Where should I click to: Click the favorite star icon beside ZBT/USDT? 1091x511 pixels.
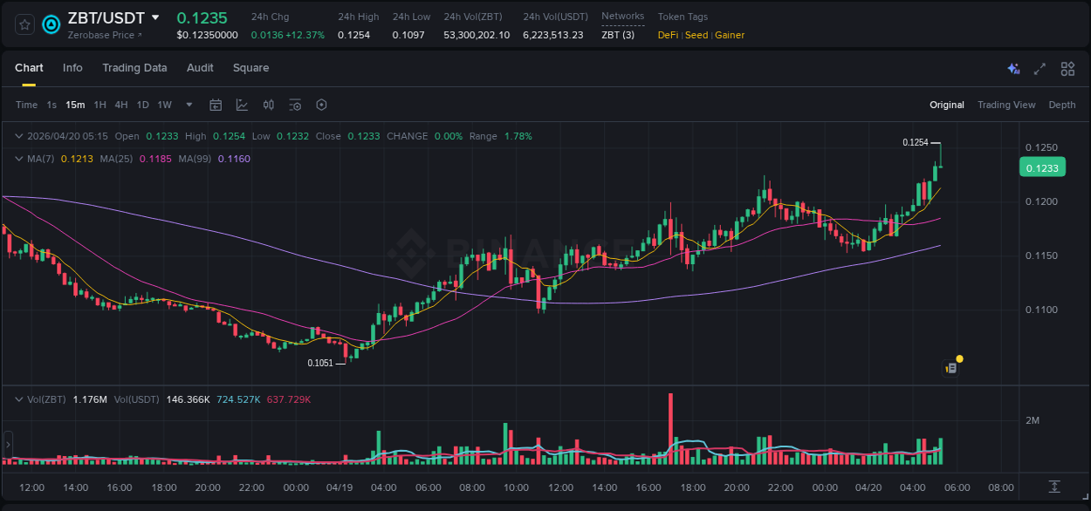pyautogui.click(x=24, y=24)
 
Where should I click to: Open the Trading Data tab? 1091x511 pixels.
pyautogui.click(x=134, y=68)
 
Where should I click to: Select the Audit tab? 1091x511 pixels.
pyautogui.click(x=200, y=68)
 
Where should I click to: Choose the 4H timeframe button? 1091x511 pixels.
pyautogui.click(x=120, y=105)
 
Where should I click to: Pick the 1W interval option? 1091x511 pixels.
pyautogui.click(x=164, y=105)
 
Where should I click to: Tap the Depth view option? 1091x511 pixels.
pyautogui.click(x=1062, y=105)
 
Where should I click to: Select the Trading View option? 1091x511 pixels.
pyautogui.click(x=1006, y=105)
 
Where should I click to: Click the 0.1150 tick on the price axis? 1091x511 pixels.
pyautogui.click(x=1041, y=255)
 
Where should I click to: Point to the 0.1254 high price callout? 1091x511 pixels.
pyautogui.click(x=916, y=142)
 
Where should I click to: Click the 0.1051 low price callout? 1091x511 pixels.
pyautogui.click(x=320, y=363)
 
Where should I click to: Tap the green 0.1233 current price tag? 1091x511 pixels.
pyautogui.click(x=1042, y=168)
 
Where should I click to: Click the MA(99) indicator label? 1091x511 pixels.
pyautogui.click(x=196, y=159)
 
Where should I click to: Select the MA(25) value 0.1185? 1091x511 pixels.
pyautogui.click(x=160, y=159)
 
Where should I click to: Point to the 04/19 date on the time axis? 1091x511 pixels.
pyautogui.click(x=340, y=487)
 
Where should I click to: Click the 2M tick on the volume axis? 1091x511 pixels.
pyautogui.click(x=1033, y=420)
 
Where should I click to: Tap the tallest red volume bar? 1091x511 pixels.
pyautogui.click(x=670, y=429)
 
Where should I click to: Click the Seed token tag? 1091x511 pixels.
pyautogui.click(x=696, y=35)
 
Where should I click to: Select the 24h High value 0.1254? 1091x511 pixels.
pyautogui.click(x=353, y=35)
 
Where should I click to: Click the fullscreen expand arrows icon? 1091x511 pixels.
pyautogui.click(x=1040, y=69)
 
